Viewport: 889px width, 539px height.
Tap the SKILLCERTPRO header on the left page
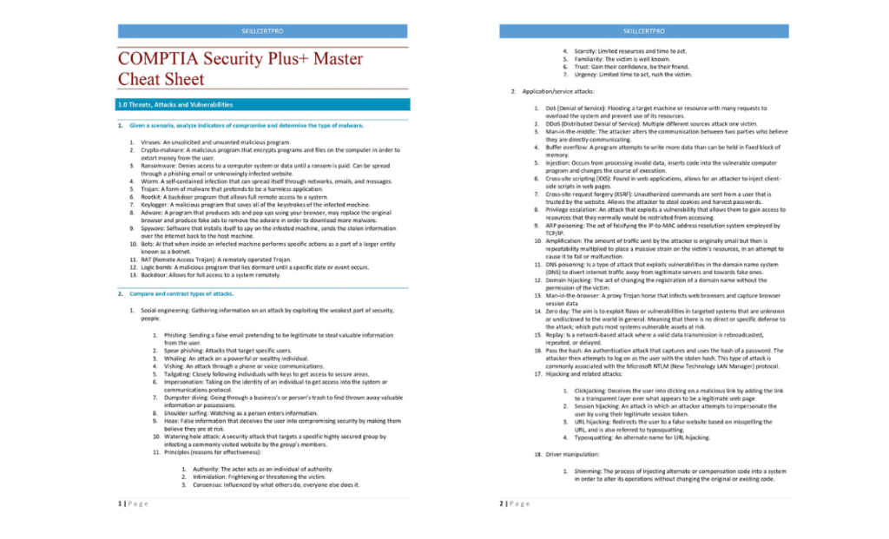tap(262, 31)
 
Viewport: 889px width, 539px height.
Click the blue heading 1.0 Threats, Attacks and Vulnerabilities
tap(175, 105)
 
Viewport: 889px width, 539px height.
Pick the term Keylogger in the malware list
tap(156, 204)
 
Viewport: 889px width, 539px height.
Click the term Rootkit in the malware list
tap(153, 197)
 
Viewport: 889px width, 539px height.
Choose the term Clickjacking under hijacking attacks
tap(592, 391)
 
